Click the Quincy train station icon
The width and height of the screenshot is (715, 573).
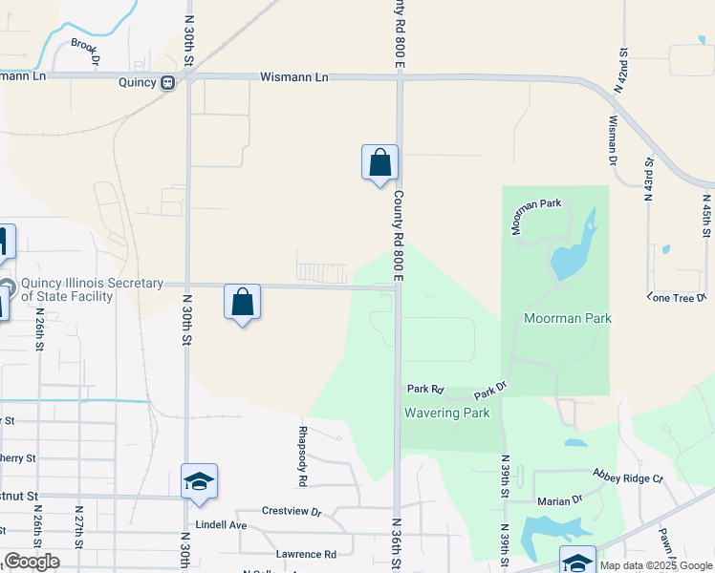coord(168,82)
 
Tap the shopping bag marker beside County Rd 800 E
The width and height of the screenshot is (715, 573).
coord(379,162)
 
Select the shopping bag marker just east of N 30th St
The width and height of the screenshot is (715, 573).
coord(243,302)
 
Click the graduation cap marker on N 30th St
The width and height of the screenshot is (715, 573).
coord(199,481)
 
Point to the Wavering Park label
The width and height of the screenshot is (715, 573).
coord(446,413)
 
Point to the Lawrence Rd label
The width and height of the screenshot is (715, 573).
coord(306,554)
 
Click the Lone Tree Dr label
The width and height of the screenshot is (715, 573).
coord(676,298)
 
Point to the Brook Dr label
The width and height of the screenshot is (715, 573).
coord(85,51)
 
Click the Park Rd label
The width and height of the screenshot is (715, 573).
coord(425,389)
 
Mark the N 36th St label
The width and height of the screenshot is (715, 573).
coord(395,544)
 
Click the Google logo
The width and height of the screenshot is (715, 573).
coord(32,562)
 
